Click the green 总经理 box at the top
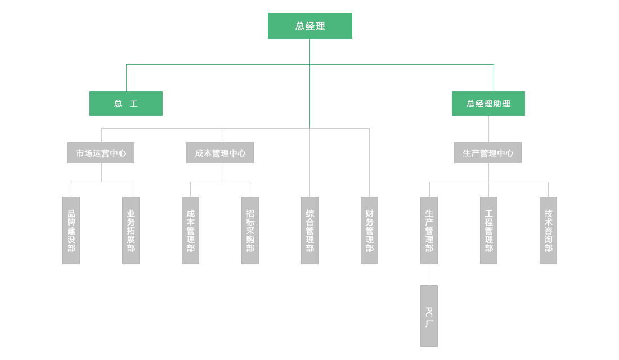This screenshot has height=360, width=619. point(309,26)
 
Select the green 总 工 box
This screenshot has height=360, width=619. point(126,103)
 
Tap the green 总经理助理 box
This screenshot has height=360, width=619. point(488,103)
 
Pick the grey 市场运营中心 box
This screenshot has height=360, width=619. point(101,153)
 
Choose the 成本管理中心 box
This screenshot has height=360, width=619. point(220,153)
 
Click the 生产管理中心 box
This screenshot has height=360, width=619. point(488,153)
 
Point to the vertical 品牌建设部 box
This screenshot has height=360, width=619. point(71,231)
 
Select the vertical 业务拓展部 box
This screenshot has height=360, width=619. point(131,231)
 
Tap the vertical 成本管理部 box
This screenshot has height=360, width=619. point(190,231)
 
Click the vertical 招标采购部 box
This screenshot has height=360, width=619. point(250,231)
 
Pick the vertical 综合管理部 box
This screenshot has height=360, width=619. point(309,231)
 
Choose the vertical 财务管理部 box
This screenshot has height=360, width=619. point(369,231)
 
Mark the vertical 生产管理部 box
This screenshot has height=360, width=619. point(429,231)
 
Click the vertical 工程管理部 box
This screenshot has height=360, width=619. point(488,231)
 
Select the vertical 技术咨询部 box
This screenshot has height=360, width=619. point(548,231)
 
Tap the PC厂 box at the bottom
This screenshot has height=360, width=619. point(429,316)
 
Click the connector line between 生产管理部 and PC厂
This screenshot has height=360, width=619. point(429,274)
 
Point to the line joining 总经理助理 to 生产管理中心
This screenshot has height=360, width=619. point(488,129)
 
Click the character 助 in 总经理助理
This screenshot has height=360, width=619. point(497,103)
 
